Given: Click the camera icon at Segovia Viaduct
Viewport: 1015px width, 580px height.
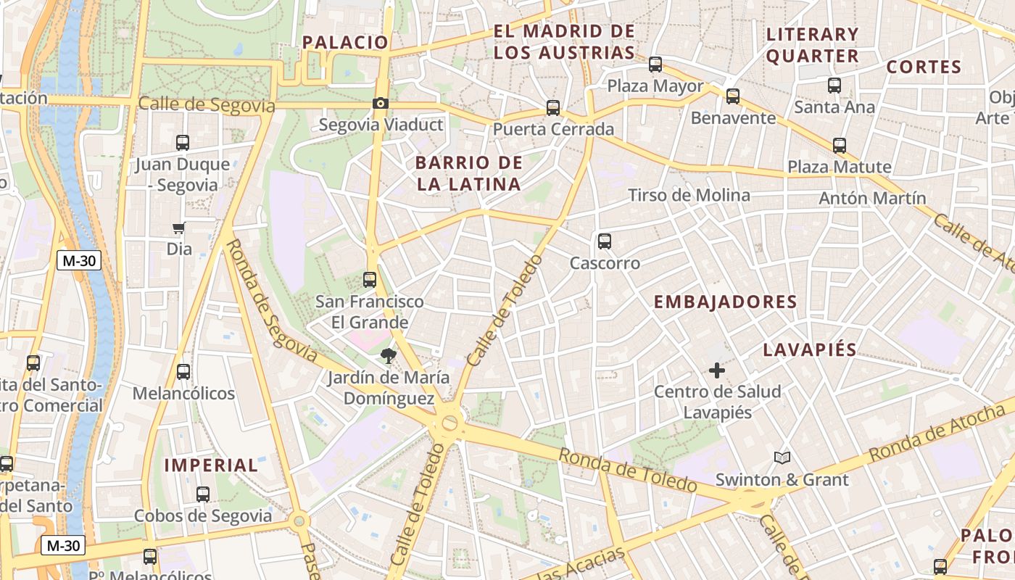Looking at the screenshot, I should [381, 104].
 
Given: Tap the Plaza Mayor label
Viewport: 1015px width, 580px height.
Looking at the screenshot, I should [655, 86].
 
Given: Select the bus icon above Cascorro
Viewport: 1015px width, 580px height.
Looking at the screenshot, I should [605, 241].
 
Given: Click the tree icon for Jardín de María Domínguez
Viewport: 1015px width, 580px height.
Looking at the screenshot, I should [389, 355].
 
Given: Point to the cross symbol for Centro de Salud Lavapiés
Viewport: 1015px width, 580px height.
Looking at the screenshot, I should [717, 370].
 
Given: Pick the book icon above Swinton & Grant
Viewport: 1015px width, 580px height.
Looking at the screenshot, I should [782, 457].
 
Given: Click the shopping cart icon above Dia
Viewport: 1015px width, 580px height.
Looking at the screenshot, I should [179, 228].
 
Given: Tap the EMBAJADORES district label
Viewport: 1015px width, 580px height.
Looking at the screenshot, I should [725, 302].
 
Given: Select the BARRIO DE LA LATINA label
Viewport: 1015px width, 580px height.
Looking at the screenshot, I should [469, 173].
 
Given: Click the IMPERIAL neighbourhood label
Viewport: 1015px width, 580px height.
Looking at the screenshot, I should [211, 465].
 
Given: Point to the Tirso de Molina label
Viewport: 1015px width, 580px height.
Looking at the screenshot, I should [689, 195].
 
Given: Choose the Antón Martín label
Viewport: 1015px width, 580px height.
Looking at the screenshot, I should [872, 198].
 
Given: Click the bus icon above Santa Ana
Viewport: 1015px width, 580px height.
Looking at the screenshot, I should [834, 86].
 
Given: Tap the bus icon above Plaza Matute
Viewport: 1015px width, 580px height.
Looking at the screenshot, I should [840, 146].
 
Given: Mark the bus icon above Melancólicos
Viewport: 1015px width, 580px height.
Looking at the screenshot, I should [183, 372].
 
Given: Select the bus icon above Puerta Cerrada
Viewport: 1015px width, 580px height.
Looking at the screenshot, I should [553, 108].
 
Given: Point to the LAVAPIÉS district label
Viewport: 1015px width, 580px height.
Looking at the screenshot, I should [810, 350].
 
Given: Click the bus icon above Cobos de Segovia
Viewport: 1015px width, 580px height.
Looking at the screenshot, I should [203, 494].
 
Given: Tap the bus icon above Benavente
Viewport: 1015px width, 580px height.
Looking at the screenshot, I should [733, 96].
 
